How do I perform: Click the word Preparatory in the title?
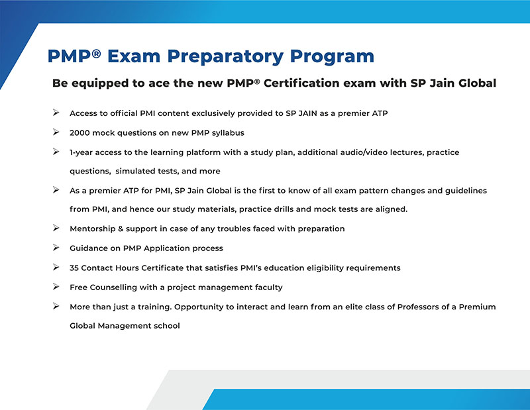tap(225, 56)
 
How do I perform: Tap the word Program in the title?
tap(332, 56)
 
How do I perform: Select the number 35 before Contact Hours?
tap(74, 268)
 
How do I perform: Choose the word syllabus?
tap(228, 133)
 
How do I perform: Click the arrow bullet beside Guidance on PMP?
tap(56, 248)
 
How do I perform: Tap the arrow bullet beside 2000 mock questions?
tap(56, 132)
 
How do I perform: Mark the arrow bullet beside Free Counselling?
tap(56, 287)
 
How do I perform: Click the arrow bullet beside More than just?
tap(56, 306)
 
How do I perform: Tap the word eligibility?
tap(325, 268)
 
